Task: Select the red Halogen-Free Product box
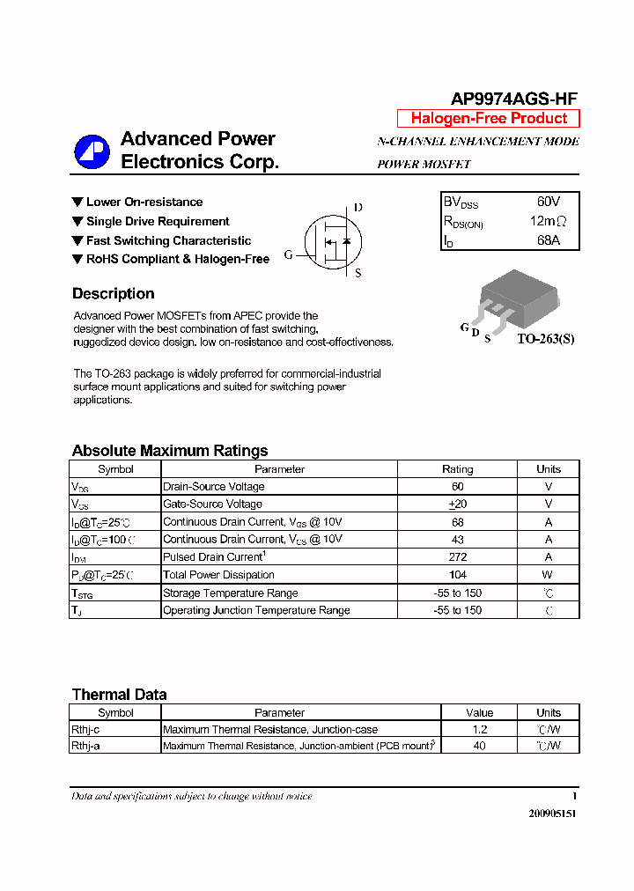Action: (x=489, y=119)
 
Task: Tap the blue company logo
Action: (x=92, y=151)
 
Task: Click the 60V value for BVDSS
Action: (x=548, y=202)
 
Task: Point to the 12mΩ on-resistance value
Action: (x=548, y=221)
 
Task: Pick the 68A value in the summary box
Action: (x=548, y=240)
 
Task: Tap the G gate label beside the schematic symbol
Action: (x=288, y=255)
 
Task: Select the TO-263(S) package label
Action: (x=545, y=338)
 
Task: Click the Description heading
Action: (x=113, y=294)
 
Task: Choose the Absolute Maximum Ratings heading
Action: (x=170, y=451)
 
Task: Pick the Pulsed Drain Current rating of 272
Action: (x=457, y=557)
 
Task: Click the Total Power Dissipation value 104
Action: (x=457, y=575)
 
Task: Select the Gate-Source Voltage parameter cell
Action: (x=213, y=504)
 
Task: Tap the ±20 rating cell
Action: (x=457, y=504)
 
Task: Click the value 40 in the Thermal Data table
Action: (x=479, y=746)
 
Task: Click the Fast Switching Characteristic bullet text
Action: (x=168, y=240)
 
